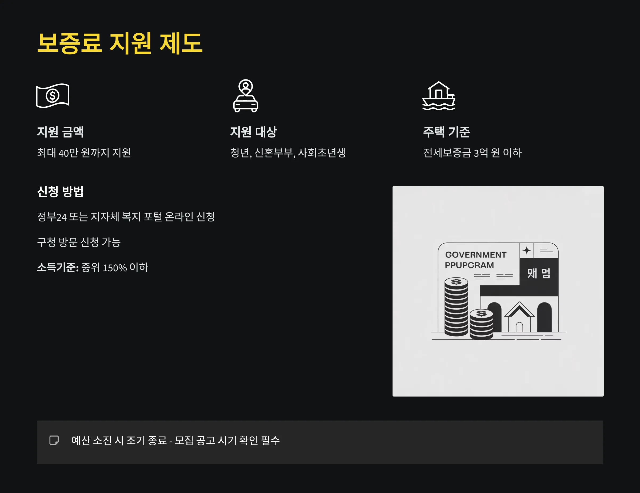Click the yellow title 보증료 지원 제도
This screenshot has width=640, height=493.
(x=119, y=43)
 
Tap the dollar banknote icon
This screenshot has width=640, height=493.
(x=53, y=95)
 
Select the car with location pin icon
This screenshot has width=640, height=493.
(x=246, y=96)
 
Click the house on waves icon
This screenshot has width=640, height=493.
(x=438, y=96)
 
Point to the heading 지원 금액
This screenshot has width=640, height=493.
(x=60, y=132)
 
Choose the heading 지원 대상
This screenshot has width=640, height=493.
(x=254, y=132)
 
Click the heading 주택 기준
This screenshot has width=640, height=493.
(x=446, y=132)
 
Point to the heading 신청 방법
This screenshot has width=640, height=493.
(x=60, y=192)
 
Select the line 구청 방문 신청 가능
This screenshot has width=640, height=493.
(x=79, y=242)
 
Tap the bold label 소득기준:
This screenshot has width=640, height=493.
(x=58, y=268)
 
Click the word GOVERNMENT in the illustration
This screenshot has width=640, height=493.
(x=476, y=255)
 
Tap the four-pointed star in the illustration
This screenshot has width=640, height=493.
(x=527, y=250)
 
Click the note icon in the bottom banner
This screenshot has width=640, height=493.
(x=54, y=440)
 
